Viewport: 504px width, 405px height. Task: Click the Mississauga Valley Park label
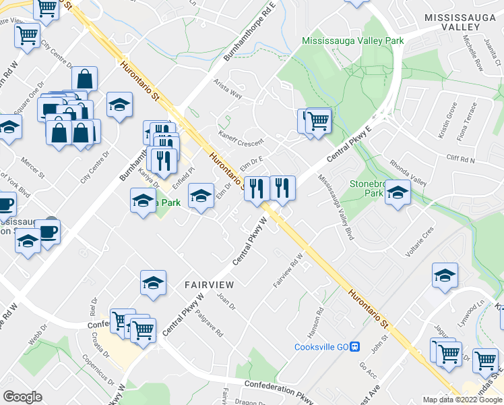pos(353,41)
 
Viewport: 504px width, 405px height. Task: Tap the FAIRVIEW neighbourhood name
pos(209,286)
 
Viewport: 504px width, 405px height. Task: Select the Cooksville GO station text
pos(322,348)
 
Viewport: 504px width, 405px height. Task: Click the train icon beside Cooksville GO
pos(356,348)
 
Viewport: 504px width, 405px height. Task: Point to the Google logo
pos(23,397)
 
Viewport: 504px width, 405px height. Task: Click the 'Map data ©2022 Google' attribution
pos(462,400)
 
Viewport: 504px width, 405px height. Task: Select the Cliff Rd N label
pos(460,159)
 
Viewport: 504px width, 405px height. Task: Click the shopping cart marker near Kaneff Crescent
pos(319,122)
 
